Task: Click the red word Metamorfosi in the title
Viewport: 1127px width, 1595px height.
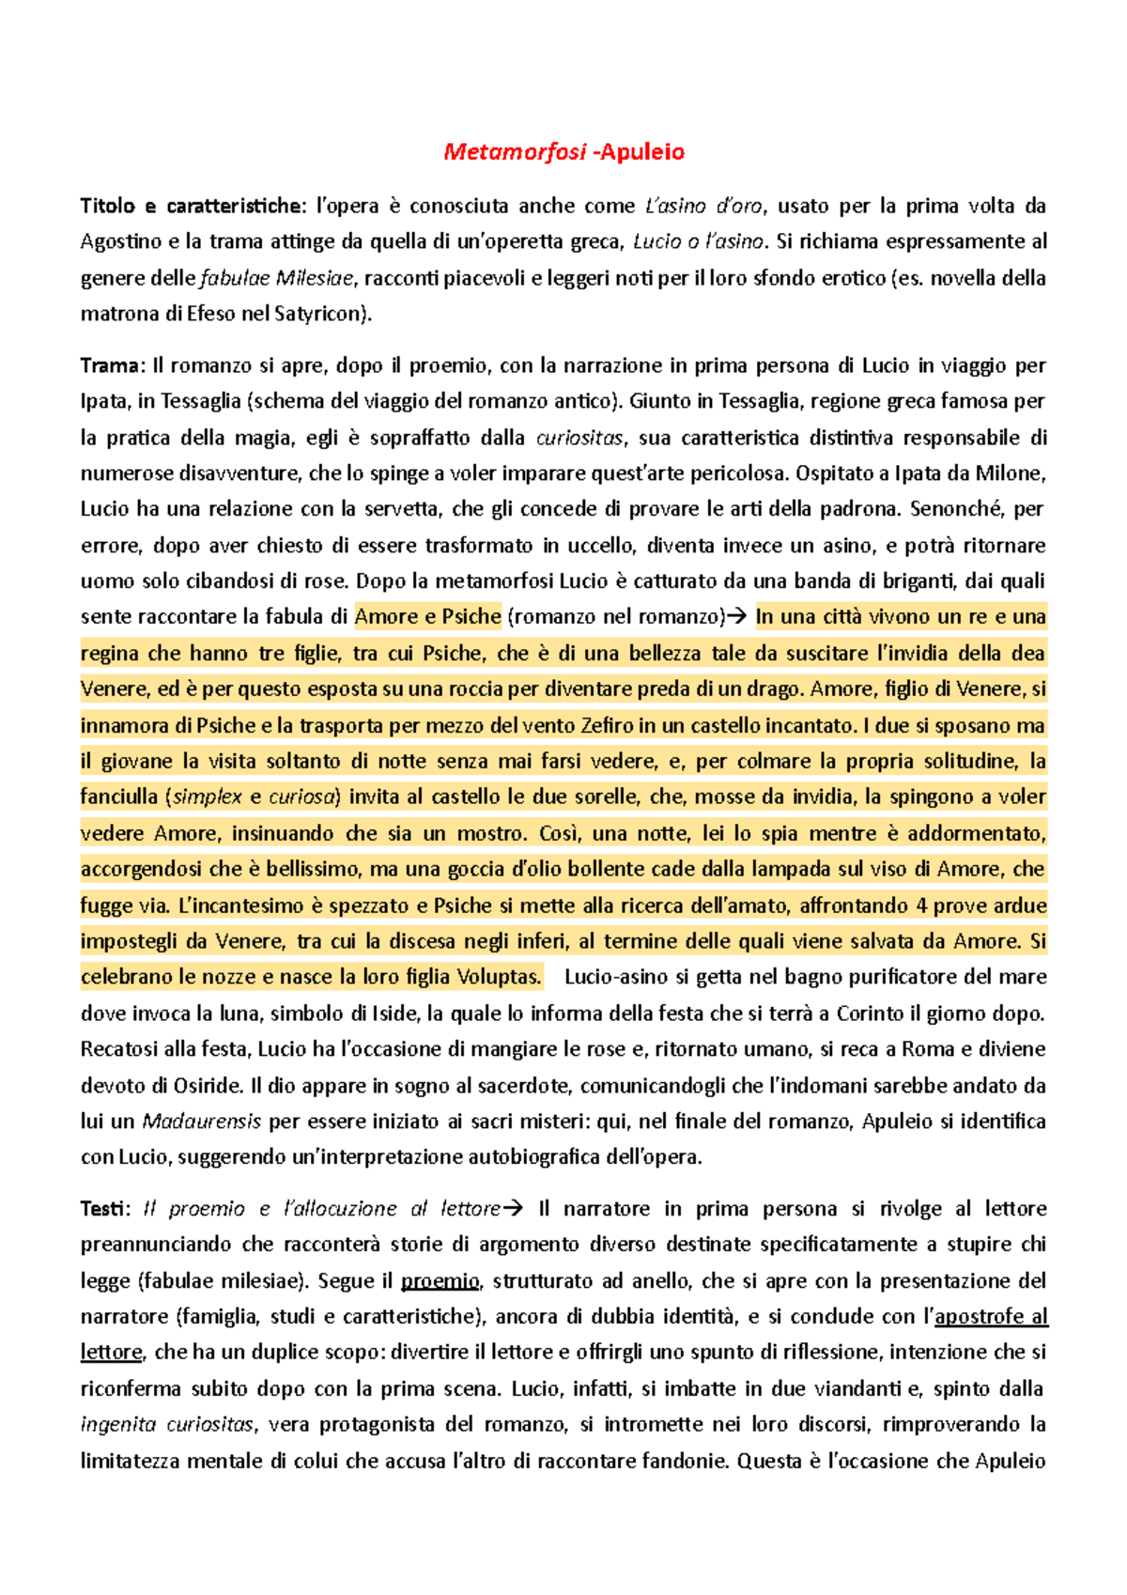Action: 515,152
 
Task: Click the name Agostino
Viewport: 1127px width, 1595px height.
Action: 121,241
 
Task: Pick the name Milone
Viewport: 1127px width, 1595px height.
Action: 1010,473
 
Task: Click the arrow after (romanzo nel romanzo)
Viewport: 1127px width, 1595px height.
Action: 737,617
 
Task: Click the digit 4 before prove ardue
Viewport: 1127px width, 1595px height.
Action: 921,906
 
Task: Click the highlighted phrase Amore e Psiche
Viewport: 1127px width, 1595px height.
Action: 427,617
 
